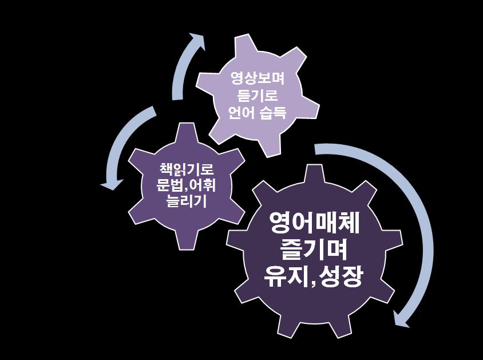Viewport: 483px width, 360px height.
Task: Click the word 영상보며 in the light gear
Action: click(256, 77)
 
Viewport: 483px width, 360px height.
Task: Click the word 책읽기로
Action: click(186, 169)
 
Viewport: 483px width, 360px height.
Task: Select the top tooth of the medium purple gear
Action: click(186, 130)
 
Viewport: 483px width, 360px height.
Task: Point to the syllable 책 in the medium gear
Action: click(165, 169)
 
